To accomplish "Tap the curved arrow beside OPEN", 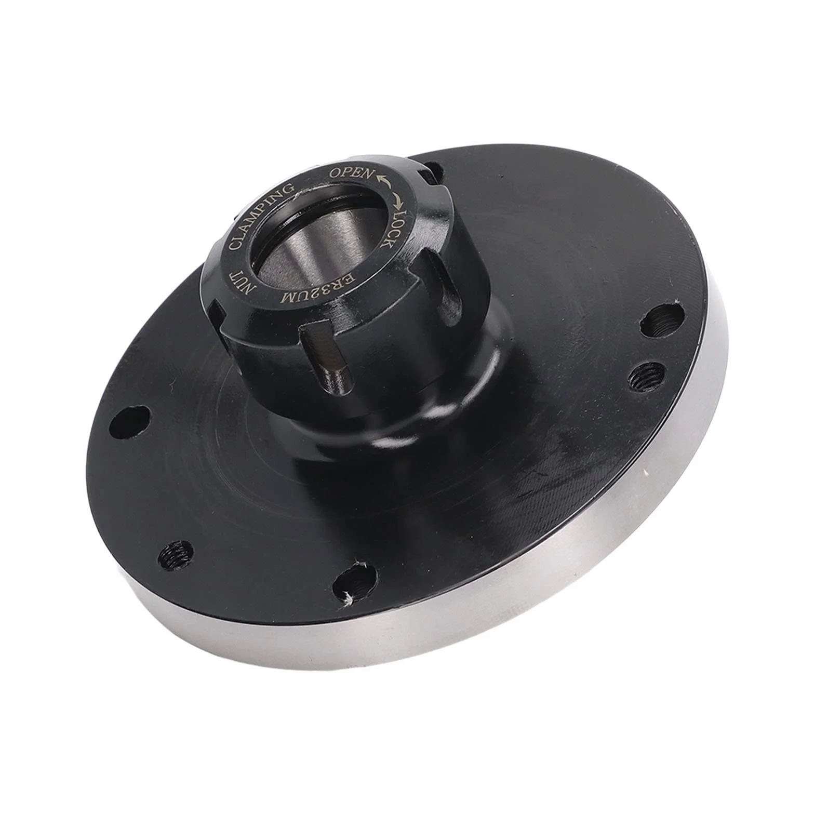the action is coord(385,180).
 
